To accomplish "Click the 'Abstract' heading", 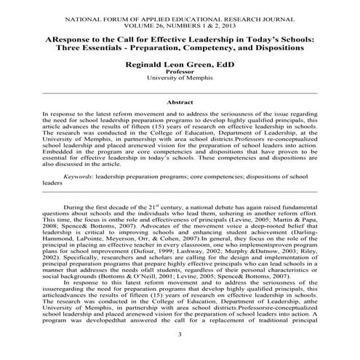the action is click(180, 103).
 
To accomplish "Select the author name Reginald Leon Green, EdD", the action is click(180, 65).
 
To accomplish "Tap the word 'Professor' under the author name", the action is click(180, 73).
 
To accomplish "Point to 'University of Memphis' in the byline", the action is click(180, 80).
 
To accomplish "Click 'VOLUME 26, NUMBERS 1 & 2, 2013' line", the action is click(180, 22).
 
